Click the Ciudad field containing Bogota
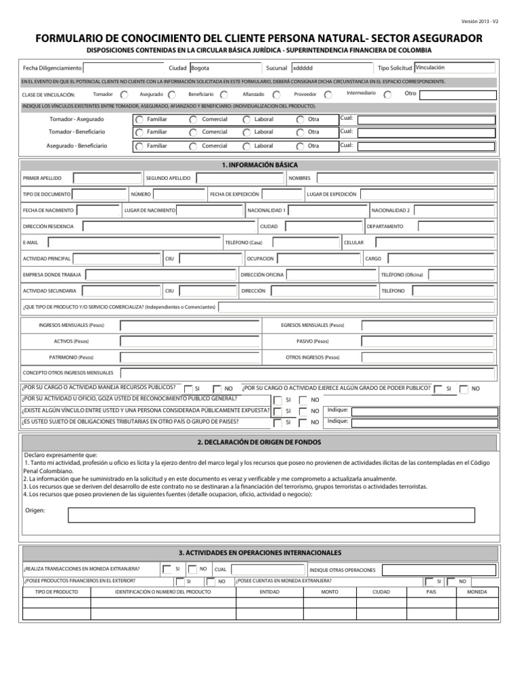tap(223, 68)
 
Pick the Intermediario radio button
tap(387, 95)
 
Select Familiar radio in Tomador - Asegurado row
tap(138, 119)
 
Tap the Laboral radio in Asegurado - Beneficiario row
tap(245, 146)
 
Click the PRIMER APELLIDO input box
tap(106, 178)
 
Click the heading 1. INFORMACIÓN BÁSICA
tap(259, 164)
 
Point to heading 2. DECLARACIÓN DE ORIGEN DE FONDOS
tap(259, 442)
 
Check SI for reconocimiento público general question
tap(278, 400)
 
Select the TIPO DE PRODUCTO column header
tap(56, 591)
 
